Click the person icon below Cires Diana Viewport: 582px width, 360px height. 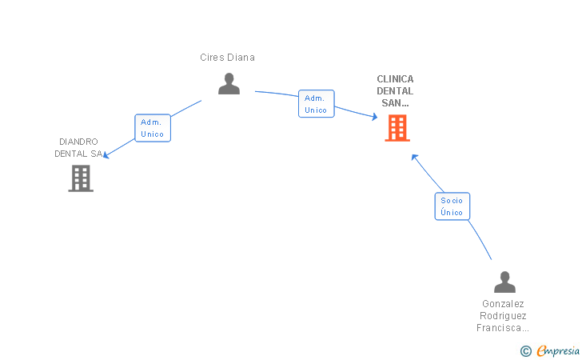tap(229, 83)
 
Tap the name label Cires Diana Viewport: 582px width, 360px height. tap(227, 58)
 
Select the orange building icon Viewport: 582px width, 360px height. tap(397, 128)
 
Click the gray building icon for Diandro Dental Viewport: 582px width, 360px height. tap(81, 178)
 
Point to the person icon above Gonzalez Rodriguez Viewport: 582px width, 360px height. tap(504, 282)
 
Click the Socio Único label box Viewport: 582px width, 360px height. tap(452, 206)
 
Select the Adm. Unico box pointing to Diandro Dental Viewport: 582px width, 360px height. tap(153, 128)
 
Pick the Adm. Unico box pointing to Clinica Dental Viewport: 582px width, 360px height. tap(317, 104)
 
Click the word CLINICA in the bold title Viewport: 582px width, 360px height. tap(395, 79)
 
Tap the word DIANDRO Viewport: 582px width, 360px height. tap(78, 142)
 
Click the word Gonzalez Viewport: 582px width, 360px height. tap(503, 304)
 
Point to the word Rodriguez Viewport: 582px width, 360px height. tap(503, 316)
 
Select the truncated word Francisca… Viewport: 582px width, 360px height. tap(503, 328)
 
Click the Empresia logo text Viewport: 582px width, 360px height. tap(558, 350)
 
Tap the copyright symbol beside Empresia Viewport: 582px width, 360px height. tap(525, 351)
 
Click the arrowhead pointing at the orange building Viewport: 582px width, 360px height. tap(374, 117)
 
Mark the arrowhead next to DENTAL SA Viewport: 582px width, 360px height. tap(106, 155)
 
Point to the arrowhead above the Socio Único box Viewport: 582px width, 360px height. tap(415, 158)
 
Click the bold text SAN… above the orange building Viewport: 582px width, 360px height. tap(395, 103)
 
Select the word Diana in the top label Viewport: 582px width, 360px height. tap(241, 58)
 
